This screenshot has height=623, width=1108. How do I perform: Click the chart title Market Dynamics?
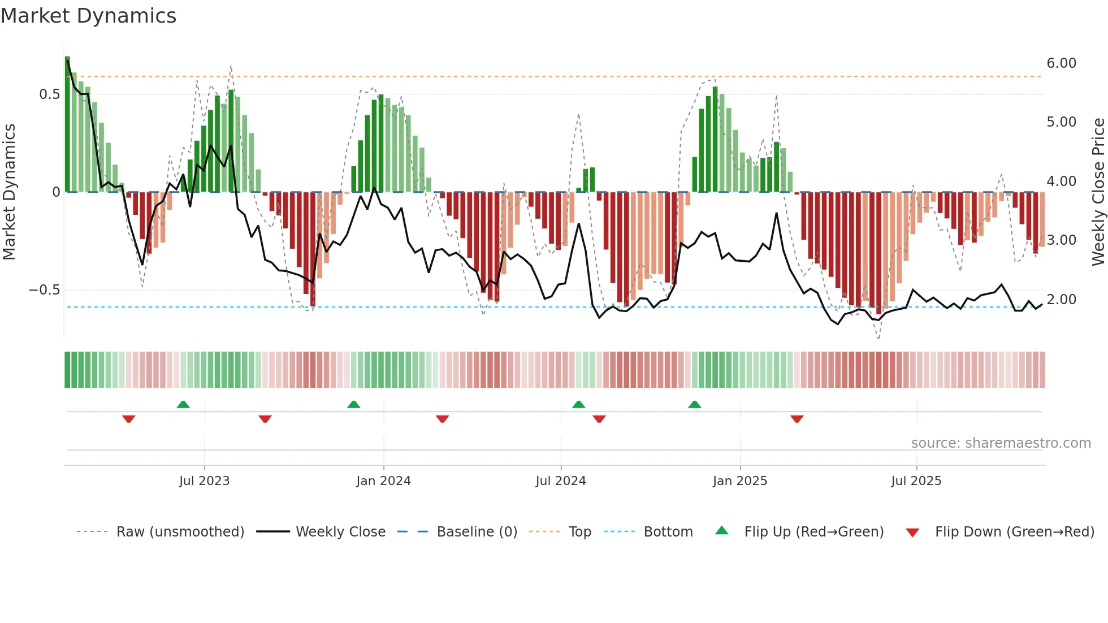[88, 16]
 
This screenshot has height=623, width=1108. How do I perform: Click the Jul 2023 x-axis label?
[204, 481]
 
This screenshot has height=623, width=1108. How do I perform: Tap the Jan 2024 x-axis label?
[383, 481]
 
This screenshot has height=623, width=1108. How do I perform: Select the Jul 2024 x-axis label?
[560, 481]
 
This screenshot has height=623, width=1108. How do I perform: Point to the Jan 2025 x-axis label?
[739, 481]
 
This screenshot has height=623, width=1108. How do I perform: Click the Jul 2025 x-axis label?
[916, 481]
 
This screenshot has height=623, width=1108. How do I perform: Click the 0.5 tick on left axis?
[50, 94]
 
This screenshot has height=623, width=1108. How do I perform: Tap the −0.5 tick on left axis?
[45, 290]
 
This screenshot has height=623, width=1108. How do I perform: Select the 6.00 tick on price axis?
[1061, 63]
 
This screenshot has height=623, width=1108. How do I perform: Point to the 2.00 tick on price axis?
[1061, 300]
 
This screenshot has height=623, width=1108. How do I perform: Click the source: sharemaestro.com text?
[1001, 443]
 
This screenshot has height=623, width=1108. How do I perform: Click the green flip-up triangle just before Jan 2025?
[694, 405]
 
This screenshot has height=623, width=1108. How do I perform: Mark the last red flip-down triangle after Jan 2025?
[797, 419]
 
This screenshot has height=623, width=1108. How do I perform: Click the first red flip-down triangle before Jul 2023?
[128, 419]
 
